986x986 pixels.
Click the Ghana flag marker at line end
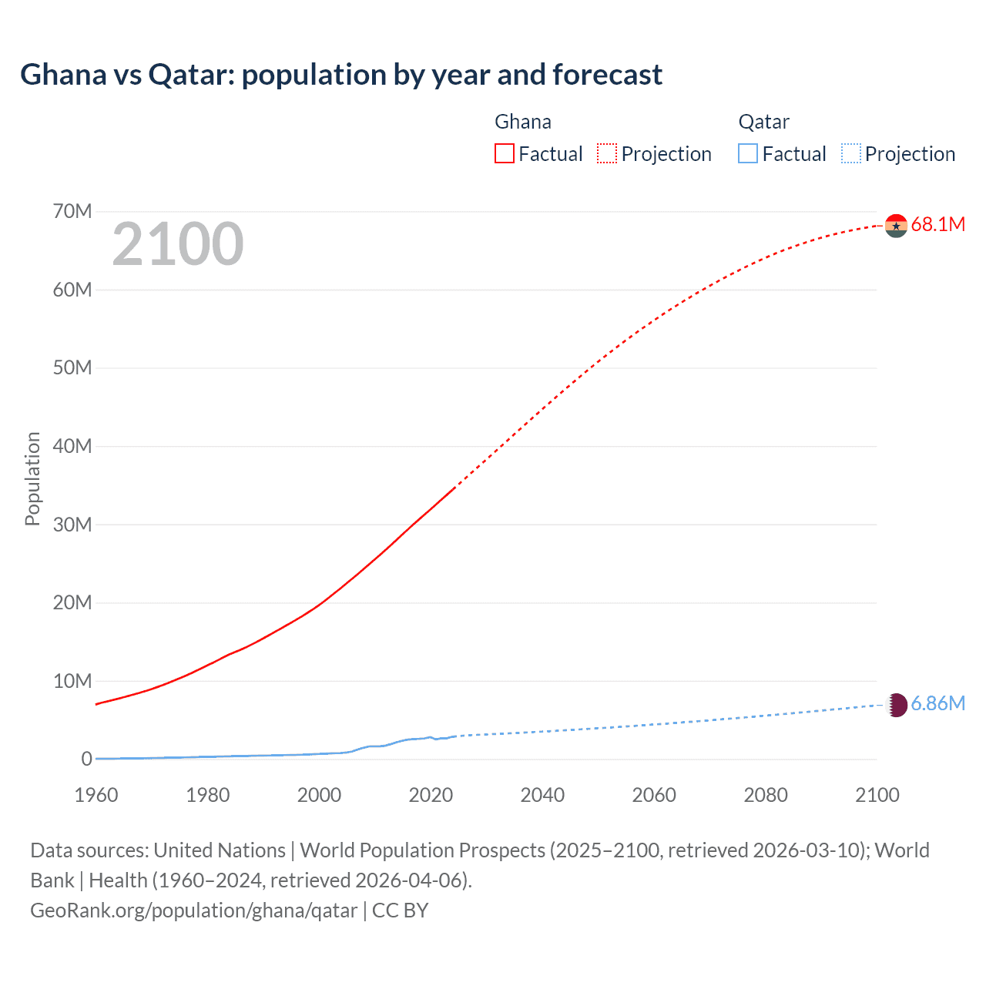pos(896,226)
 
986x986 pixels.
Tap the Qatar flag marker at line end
pos(897,705)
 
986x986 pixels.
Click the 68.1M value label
pos(937,225)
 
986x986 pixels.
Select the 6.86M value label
pos(937,704)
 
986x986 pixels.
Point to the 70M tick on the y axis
pos(72,212)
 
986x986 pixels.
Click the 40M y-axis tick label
pos(72,447)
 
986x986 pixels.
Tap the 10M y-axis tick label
pos(72,682)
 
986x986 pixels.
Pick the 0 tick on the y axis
pos(86,760)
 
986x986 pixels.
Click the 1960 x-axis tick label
pos(96,796)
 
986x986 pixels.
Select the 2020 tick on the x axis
pos(431,796)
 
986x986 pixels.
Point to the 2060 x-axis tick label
pos(654,796)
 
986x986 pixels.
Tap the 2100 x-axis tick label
pos(877,796)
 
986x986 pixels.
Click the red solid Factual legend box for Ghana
pos(505,154)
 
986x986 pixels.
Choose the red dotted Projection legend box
pos(607,154)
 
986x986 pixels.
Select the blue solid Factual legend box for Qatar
pos(748,154)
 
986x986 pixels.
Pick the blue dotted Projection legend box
pos(850,154)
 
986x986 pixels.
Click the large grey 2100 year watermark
pos(178,244)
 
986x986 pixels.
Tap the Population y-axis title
pos(32,478)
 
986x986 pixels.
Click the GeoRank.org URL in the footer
pos(193,911)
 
